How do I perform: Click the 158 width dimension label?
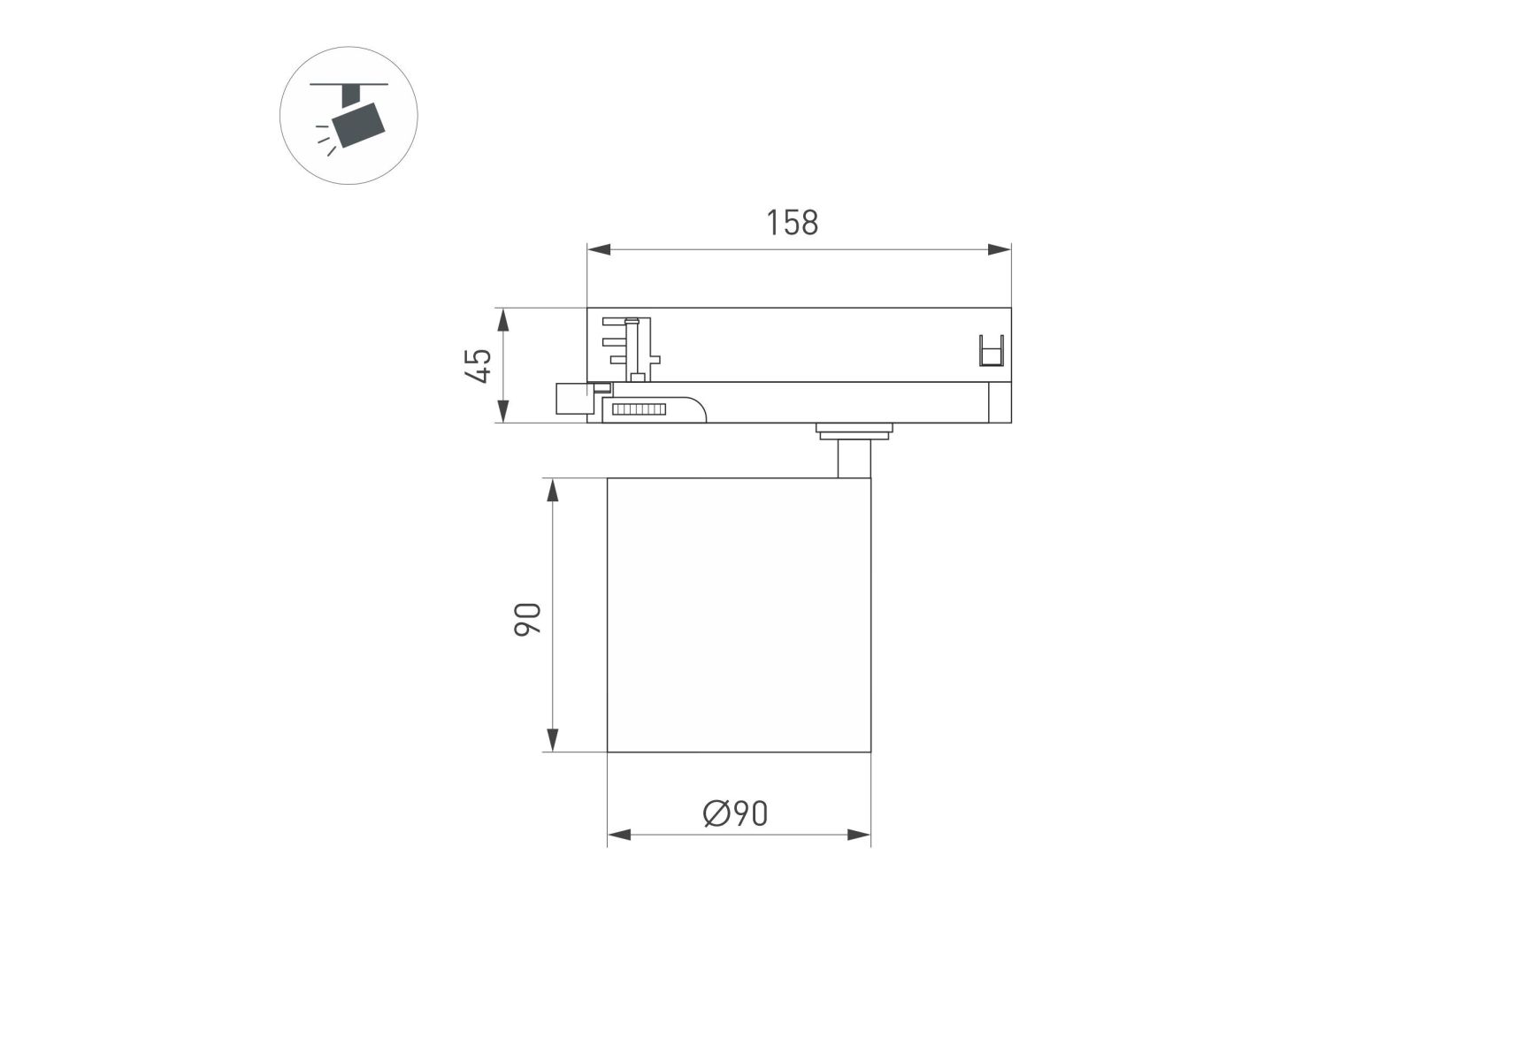pyautogui.click(x=792, y=223)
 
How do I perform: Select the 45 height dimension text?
pyautogui.click(x=479, y=365)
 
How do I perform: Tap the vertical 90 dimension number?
pyautogui.click(x=527, y=619)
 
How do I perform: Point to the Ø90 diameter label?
pyautogui.click(x=735, y=813)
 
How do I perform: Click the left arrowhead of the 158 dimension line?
pyautogui.click(x=599, y=249)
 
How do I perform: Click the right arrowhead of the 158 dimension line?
pyautogui.click(x=1000, y=249)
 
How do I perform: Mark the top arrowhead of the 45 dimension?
pyautogui.click(x=502, y=320)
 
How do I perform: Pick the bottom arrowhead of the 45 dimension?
pyautogui.click(x=502, y=411)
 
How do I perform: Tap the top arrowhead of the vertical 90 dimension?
pyautogui.click(x=553, y=491)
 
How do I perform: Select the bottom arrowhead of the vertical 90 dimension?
pyautogui.click(x=553, y=740)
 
